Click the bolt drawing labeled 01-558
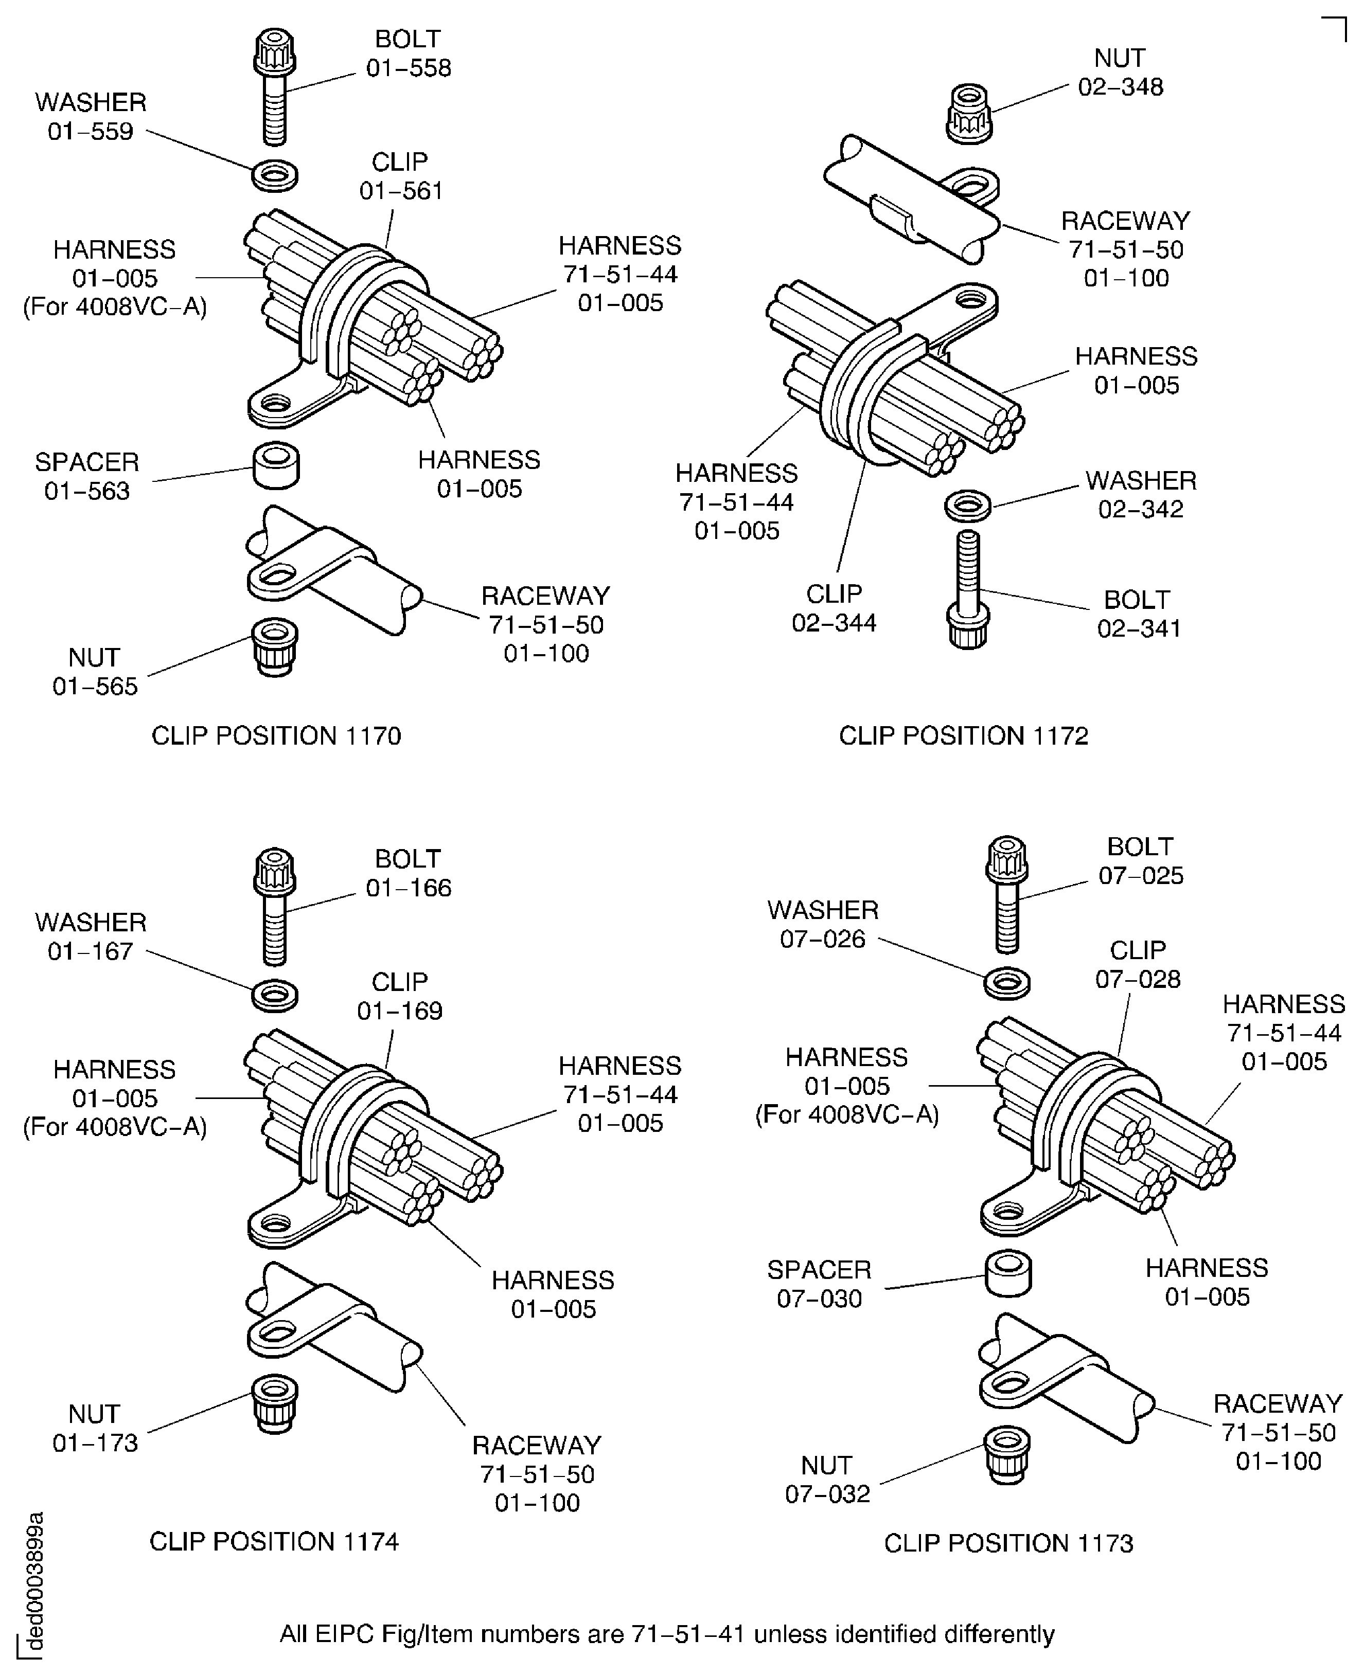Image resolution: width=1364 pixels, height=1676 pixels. coord(274,86)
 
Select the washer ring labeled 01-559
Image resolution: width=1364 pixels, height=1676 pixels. coord(274,176)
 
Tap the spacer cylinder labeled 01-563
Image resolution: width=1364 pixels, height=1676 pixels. coord(276,466)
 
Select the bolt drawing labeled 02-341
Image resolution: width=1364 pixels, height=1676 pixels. coord(968,589)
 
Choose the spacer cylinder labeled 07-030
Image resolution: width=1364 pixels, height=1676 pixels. coord(1008,1273)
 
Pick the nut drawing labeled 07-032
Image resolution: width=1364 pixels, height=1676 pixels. coord(1007,1454)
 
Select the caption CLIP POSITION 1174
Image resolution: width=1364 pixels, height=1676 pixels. coord(274,1542)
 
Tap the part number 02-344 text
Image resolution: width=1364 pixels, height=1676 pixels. coord(834,623)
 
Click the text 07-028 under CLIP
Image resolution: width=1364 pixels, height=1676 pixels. coord(1138,979)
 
